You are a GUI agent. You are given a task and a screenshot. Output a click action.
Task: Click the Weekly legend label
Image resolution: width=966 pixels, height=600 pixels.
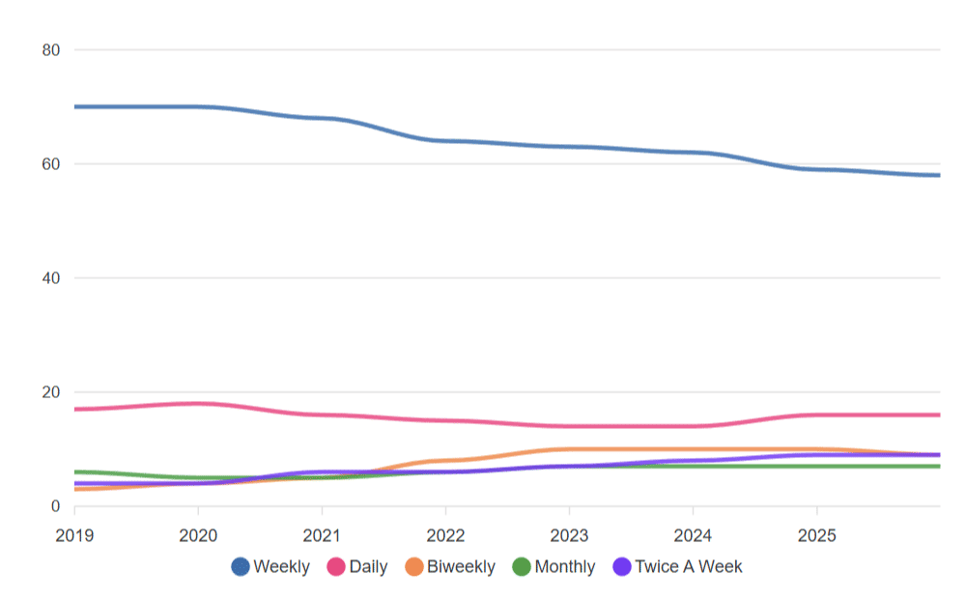[x=281, y=567]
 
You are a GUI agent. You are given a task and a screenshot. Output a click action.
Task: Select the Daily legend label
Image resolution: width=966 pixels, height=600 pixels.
[x=368, y=567]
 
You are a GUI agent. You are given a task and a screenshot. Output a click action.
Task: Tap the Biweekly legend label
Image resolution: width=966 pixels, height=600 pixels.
[x=461, y=567]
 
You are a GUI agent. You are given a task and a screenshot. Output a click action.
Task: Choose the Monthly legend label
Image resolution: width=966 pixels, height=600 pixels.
[x=564, y=567]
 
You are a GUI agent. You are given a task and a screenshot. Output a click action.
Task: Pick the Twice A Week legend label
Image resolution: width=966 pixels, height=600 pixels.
[x=688, y=567]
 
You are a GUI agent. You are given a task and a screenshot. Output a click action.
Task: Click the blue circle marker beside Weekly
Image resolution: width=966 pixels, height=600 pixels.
[x=241, y=567]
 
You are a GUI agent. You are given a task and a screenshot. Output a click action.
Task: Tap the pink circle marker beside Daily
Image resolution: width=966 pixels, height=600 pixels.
[x=336, y=567]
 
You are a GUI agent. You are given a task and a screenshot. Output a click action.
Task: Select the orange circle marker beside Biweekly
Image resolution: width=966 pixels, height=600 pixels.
[x=413, y=567]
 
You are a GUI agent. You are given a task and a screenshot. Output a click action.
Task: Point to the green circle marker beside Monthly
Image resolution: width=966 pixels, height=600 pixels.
[x=522, y=567]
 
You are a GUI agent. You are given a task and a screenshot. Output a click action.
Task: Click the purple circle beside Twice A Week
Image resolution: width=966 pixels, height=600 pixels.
[x=622, y=567]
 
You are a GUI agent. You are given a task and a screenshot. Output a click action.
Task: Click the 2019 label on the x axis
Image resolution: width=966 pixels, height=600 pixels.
[x=74, y=534]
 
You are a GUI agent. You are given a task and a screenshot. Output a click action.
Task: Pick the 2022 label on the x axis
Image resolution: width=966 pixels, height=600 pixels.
[x=445, y=534]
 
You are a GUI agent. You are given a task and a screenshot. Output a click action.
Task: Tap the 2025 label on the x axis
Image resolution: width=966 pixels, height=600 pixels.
[x=816, y=534]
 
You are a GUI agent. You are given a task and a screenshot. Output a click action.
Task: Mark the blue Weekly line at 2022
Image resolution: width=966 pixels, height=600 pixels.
[x=445, y=140]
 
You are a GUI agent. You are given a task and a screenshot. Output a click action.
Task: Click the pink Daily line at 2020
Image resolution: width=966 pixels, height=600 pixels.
[x=198, y=404]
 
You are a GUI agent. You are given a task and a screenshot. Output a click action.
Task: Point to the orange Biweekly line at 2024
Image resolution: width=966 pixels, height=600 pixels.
[x=693, y=449]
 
